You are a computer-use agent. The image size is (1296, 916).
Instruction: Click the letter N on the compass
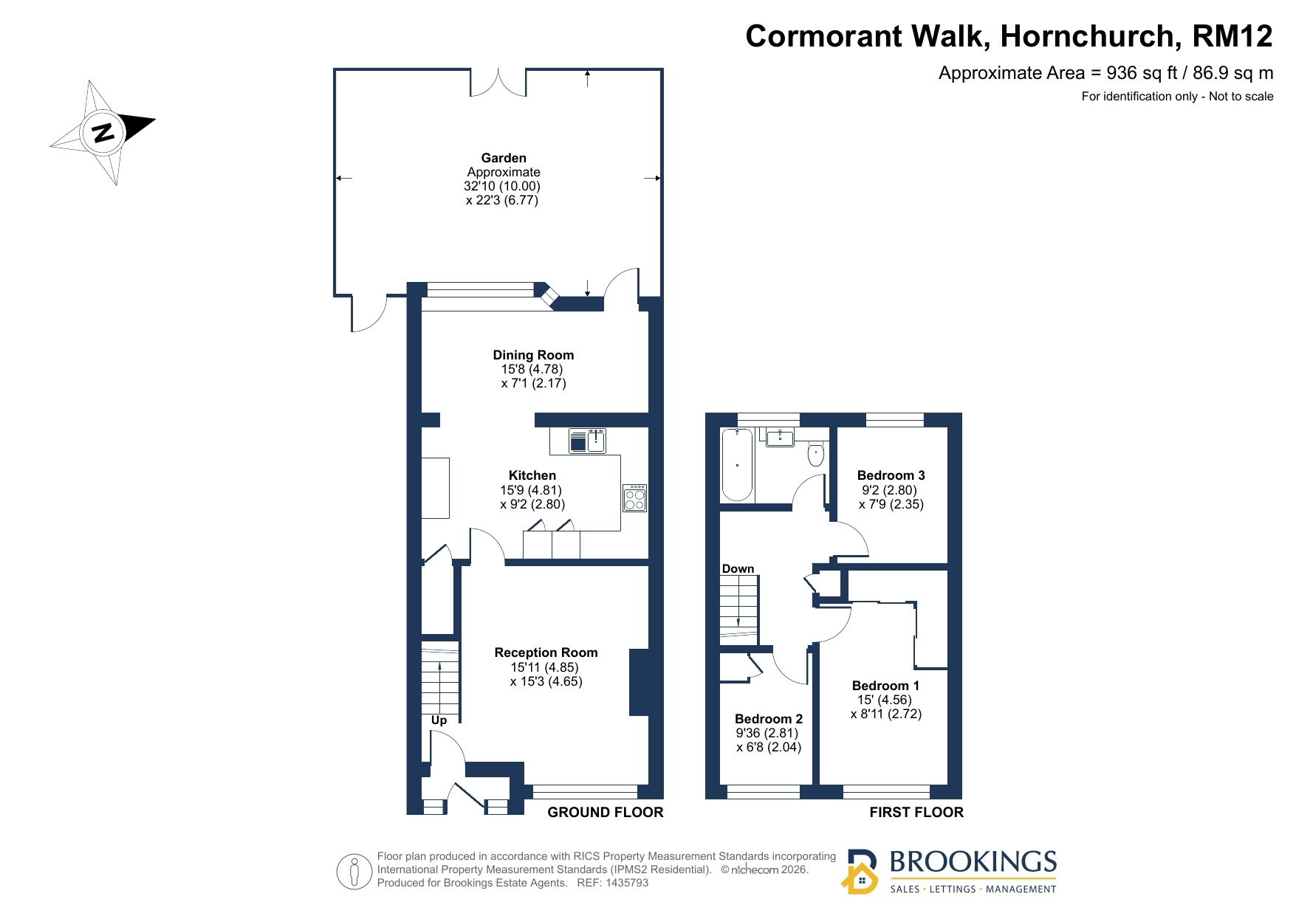[x=103, y=133]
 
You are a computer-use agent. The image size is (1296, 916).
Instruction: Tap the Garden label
[x=504, y=158]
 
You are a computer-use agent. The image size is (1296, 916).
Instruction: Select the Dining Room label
[x=533, y=355]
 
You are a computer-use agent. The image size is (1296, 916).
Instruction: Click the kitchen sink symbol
[x=587, y=441]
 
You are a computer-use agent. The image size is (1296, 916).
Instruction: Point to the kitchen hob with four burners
[x=635, y=498]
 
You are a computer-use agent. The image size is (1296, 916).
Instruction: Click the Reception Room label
[x=546, y=652]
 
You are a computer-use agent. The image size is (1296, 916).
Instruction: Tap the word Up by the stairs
[x=439, y=720]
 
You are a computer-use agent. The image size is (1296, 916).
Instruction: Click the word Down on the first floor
[x=738, y=569]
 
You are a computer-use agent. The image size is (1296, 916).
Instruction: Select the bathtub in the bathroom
[x=737, y=464]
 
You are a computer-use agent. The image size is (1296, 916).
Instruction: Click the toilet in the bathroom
[x=816, y=454]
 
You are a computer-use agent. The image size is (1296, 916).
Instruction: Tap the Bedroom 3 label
[x=891, y=475]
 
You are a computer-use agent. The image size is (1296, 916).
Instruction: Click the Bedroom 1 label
[x=885, y=686]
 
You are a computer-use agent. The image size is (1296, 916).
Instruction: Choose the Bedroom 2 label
[x=769, y=719]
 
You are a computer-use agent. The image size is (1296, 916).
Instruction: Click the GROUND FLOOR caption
[x=606, y=813]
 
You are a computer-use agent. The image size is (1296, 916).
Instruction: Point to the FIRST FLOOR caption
[x=916, y=813]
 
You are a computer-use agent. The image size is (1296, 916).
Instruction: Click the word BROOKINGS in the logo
[x=973, y=862]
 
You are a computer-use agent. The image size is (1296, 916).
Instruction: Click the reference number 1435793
[x=627, y=883]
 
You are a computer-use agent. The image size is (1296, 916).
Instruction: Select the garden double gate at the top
[x=498, y=82]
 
